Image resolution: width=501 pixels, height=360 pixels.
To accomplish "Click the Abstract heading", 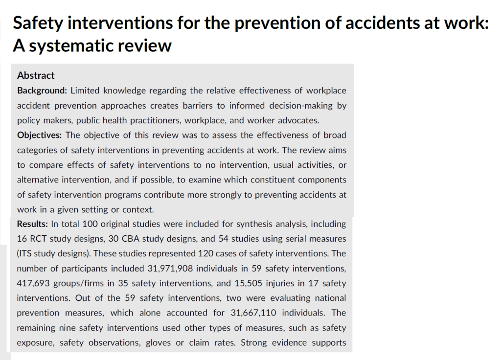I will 36,75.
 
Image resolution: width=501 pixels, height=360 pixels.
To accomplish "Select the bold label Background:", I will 42,90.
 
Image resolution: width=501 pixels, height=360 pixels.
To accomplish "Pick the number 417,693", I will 34,283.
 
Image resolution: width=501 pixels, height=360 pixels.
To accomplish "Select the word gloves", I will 159,342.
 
